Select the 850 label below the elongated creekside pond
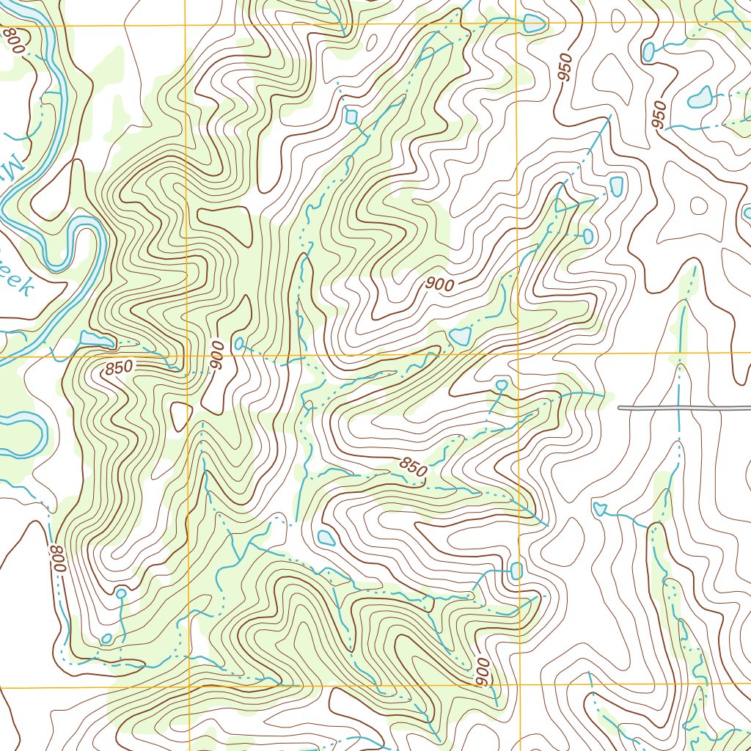tap(119, 367)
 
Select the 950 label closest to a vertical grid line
tap(564, 68)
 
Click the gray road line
tap(682, 407)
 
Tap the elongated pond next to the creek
tap(96, 339)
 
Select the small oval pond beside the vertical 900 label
tap(239, 342)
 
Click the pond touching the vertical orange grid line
tap(516, 570)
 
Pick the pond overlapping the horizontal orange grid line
tap(533, 24)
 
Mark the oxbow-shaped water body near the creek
tap(22, 429)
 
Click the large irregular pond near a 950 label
tap(701, 97)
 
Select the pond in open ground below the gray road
tap(599, 508)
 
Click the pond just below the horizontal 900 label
tap(460, 337)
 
